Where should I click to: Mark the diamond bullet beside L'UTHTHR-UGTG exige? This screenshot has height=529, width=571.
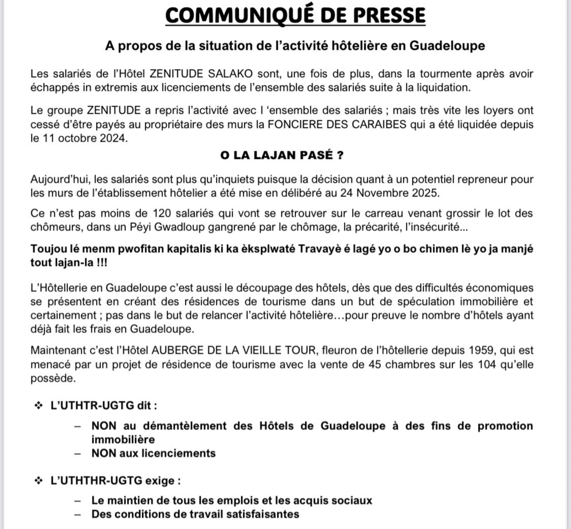[38, 480]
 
